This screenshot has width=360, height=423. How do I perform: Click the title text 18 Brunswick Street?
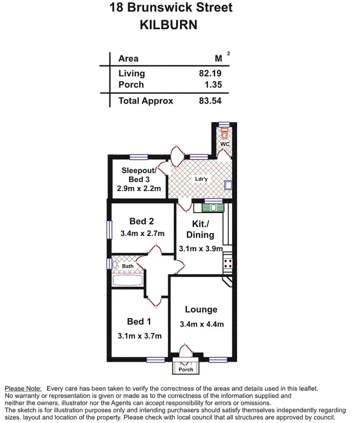[x=171, y=8]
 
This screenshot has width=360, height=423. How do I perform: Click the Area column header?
[x=128, y=59]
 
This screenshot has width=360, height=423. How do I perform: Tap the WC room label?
[x=225, y=144]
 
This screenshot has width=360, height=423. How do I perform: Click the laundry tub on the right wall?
[x=228, y=185]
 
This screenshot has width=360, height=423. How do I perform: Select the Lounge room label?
[x=201, y=310]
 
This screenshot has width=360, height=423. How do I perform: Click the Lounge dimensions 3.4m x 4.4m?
[x=201, y=324]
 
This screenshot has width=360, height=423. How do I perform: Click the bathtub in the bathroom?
[x=127, y=280]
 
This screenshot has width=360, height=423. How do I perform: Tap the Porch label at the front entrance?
[x=186, y=369]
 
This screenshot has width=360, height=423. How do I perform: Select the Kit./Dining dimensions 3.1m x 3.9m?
[x=201, y=248]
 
